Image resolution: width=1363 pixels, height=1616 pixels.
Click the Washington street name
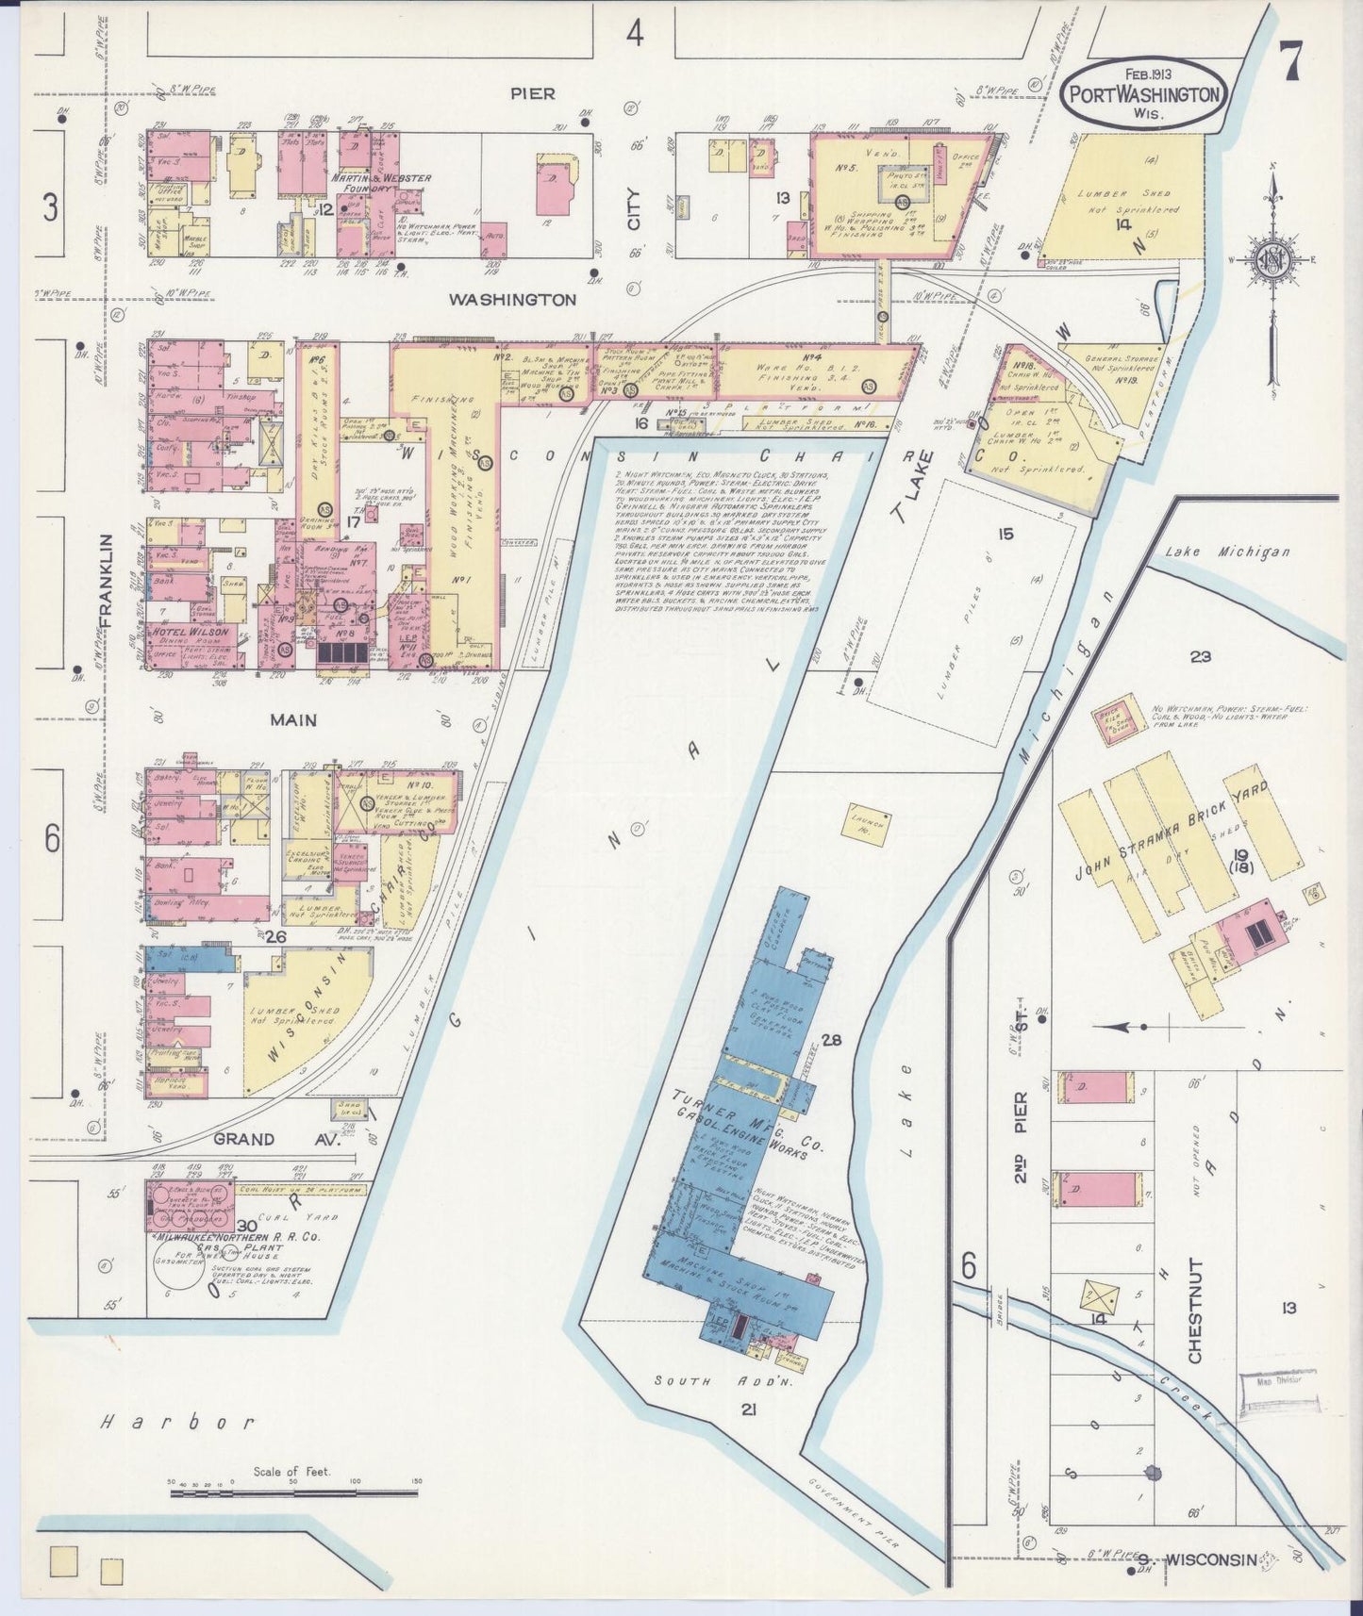click(x=512, y=300)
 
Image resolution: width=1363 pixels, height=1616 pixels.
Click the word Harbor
click(x=177, y=1422)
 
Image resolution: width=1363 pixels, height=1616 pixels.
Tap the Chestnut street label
click(x=1195, y=1311)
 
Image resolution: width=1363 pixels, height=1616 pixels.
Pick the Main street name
click(x=293, y=720)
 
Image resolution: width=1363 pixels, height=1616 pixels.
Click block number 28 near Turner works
click(x=831, y=1041)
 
